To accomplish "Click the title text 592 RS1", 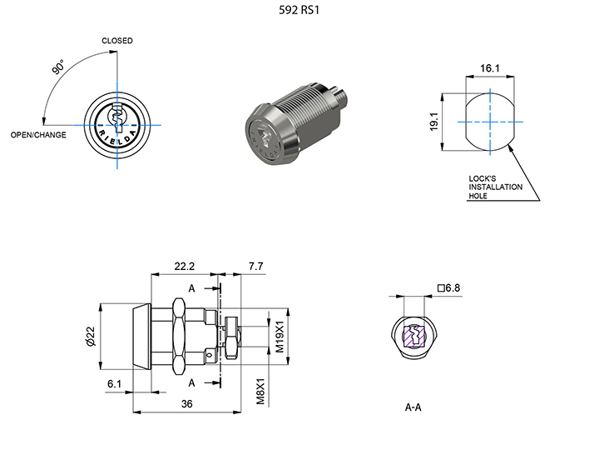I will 299,12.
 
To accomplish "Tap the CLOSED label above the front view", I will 117,41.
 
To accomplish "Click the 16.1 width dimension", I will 490,68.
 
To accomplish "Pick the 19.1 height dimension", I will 447,122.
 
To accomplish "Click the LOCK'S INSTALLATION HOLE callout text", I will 496,187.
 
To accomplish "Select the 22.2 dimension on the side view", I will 184,267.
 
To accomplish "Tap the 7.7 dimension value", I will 255,267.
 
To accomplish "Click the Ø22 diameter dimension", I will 89,336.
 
